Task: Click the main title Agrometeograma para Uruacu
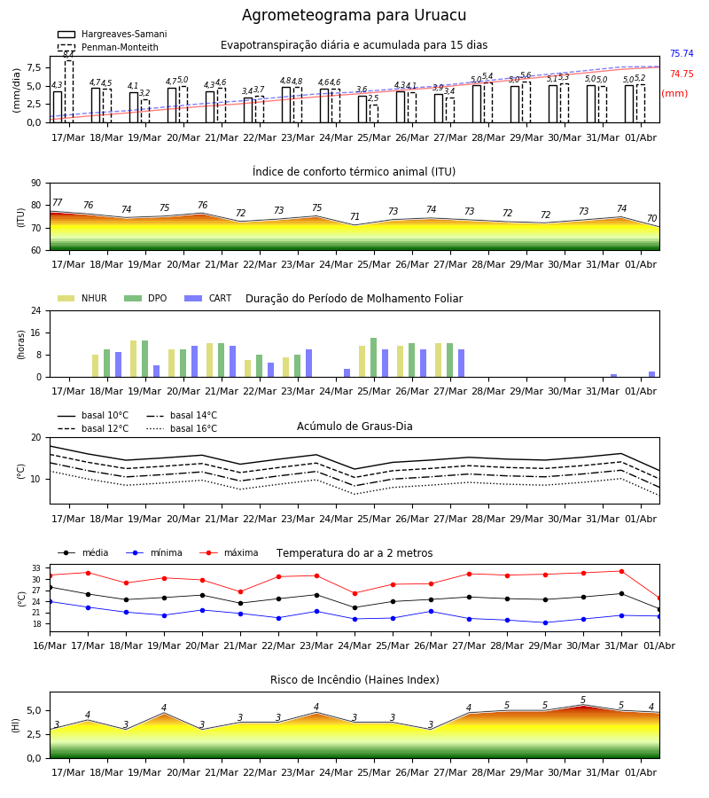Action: pos(354,15)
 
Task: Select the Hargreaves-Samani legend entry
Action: pos(113,34)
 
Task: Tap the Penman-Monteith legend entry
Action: pos(108,47)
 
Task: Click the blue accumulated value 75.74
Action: pos(682,53)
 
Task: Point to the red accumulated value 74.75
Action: pos(682,74)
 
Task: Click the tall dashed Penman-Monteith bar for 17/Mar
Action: pos(68,91)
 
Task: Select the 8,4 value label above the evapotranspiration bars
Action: pos(68,54)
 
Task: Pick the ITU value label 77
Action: pos(58,202)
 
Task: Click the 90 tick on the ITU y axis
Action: pos(36,184)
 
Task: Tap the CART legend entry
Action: pos(208,298)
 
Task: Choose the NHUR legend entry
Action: pos(82,298)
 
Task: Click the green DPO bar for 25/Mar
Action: pos(374,357)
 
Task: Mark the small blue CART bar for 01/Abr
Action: pos(652,374)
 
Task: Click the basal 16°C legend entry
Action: pos(182,428)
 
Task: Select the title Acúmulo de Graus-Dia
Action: pos(354,426)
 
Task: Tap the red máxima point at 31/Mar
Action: pos(621,572)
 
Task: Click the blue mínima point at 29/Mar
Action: pos(545,622)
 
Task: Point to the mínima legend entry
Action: pos(154,552)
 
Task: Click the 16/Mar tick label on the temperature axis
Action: pos(50,645)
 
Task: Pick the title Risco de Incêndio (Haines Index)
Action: pos(354,680)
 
